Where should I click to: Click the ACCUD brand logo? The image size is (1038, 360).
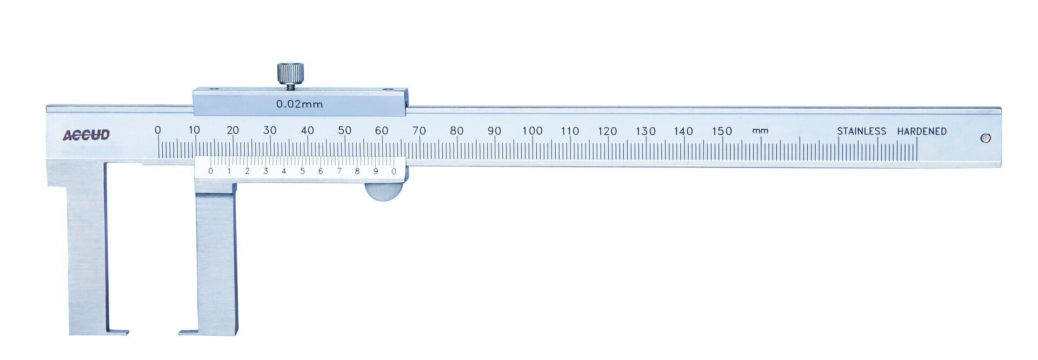[x=86, y=135]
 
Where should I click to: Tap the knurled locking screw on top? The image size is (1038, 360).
[x=290, y=73]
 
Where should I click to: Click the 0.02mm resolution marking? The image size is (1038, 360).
[x=300, y=104]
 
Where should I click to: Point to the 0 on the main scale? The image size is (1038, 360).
[x=157, y=130]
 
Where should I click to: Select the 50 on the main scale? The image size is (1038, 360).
[x=344, y=130]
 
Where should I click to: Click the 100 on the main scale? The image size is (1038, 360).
[x=532, y=131]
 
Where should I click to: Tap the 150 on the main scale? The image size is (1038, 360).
[x=722, y=131]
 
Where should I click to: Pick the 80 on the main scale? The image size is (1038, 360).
[x=457, y=130]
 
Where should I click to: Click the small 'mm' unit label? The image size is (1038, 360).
[x=760, y=131]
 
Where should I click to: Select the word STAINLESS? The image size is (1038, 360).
[x=862, y=131]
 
